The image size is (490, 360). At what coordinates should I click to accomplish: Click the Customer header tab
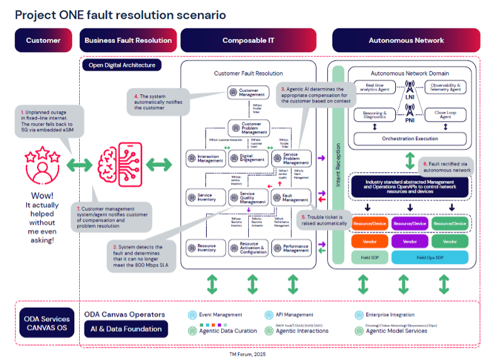tap(43, 40)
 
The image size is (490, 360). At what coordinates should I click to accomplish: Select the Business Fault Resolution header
tap(128, 40)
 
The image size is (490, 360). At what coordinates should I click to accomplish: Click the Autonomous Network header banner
tap(406, 40)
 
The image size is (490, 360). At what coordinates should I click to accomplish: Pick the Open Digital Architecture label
tap(122, 65)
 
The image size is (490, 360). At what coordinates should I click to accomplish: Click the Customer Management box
tap(248, 92)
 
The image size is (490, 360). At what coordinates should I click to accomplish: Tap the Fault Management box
tap(291, 197)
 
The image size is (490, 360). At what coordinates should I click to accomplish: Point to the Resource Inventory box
tap(205, 248)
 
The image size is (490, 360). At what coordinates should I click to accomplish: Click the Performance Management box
tap(291, 248)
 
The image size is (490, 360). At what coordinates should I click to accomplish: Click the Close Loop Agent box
tap(445, 114)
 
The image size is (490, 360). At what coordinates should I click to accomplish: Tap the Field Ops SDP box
tap(430, 257)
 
